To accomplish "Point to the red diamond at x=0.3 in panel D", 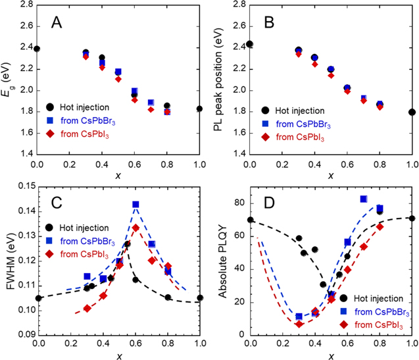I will pos(299,324).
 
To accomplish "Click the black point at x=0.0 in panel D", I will pos(250,220).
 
